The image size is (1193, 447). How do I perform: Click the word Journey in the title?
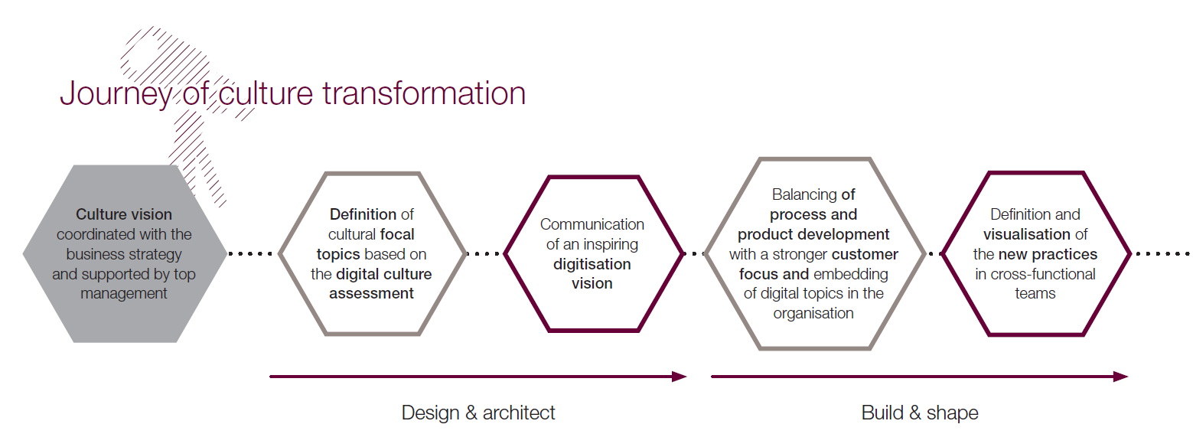116,94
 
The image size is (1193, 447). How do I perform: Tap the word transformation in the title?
424,93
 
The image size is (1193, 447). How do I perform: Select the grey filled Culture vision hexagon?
125,253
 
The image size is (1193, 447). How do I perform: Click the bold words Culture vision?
123,214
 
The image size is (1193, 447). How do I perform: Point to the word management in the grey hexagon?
123,294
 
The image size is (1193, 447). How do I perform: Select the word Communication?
592,224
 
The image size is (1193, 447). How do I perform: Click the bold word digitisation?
592,264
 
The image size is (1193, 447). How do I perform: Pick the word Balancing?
804,194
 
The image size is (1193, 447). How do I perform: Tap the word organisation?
813,313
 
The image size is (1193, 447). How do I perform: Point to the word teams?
1035,294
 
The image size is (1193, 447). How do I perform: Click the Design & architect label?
478,413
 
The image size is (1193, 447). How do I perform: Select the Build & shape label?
920,413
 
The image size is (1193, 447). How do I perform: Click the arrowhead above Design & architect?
680,377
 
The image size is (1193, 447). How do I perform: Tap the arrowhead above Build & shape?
1121,377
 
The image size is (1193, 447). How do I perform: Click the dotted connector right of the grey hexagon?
250,253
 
